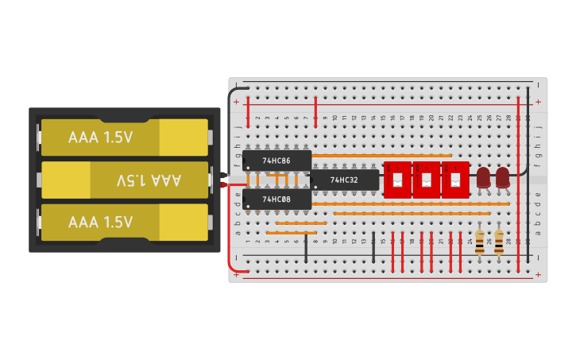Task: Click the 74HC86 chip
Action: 276,161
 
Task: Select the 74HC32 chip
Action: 344,180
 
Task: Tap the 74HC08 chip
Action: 276,199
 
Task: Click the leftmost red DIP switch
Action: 397,180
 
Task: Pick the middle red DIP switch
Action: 427,180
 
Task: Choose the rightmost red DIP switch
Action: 455,180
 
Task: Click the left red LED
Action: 483,177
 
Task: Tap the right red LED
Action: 503,177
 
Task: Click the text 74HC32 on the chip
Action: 344,180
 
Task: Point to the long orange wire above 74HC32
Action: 381,156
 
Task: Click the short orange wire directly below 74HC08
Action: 296,223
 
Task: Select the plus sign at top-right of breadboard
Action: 538,102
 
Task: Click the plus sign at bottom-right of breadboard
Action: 538,274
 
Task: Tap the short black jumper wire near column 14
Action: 373,248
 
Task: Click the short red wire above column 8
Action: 315,110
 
